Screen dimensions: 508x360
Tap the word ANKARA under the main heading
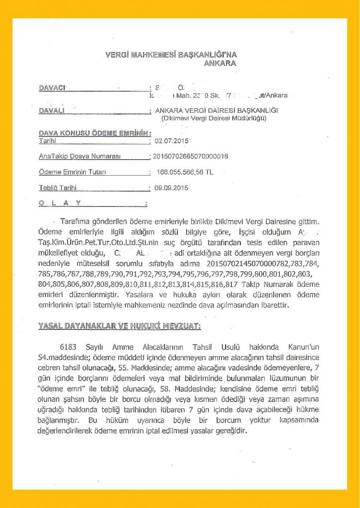pyautogui.click(x=220, y=63)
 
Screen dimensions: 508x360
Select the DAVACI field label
pyautogui.click(x=52, y=88)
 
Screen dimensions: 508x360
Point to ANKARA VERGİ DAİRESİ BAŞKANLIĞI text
pyautogui.click(x=216, y=110)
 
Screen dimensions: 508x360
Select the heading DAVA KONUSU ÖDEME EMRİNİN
pyautogui.click(x=94, y=133)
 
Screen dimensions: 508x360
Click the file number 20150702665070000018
pyautogui.click(x=191, y=157)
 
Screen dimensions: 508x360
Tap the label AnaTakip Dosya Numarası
pyautogui.click(x=80, y=157)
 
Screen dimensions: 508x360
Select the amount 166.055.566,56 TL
pyautogui.click(x=185, y=172)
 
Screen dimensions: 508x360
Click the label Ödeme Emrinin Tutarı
pyautogui.click(x=72, y=172)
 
